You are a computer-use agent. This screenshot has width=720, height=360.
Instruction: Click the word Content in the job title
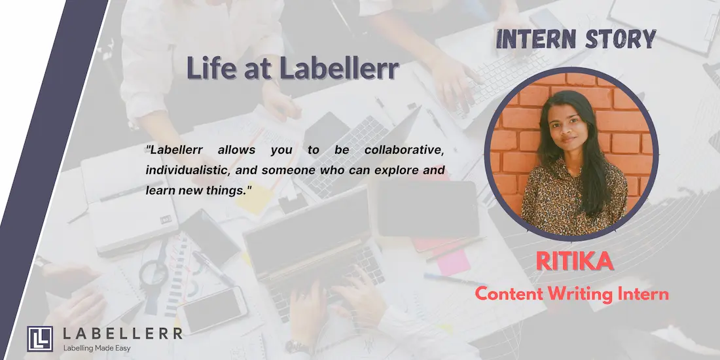click(x=509, y=294)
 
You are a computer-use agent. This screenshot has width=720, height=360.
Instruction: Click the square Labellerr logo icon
click(x=39, y=339)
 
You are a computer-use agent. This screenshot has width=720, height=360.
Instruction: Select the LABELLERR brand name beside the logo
click(x=122, y=334)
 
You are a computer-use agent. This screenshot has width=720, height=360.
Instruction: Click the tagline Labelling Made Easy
click(x=97, y=348)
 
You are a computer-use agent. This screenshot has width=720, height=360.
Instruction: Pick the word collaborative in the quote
click(x=405, y=150)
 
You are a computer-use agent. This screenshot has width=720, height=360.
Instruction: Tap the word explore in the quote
click(x=396, y=171)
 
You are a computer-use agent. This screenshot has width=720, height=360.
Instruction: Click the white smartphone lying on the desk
click(x=212, y=310)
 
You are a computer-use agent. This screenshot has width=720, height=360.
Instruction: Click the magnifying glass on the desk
click(x=154, y=274)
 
